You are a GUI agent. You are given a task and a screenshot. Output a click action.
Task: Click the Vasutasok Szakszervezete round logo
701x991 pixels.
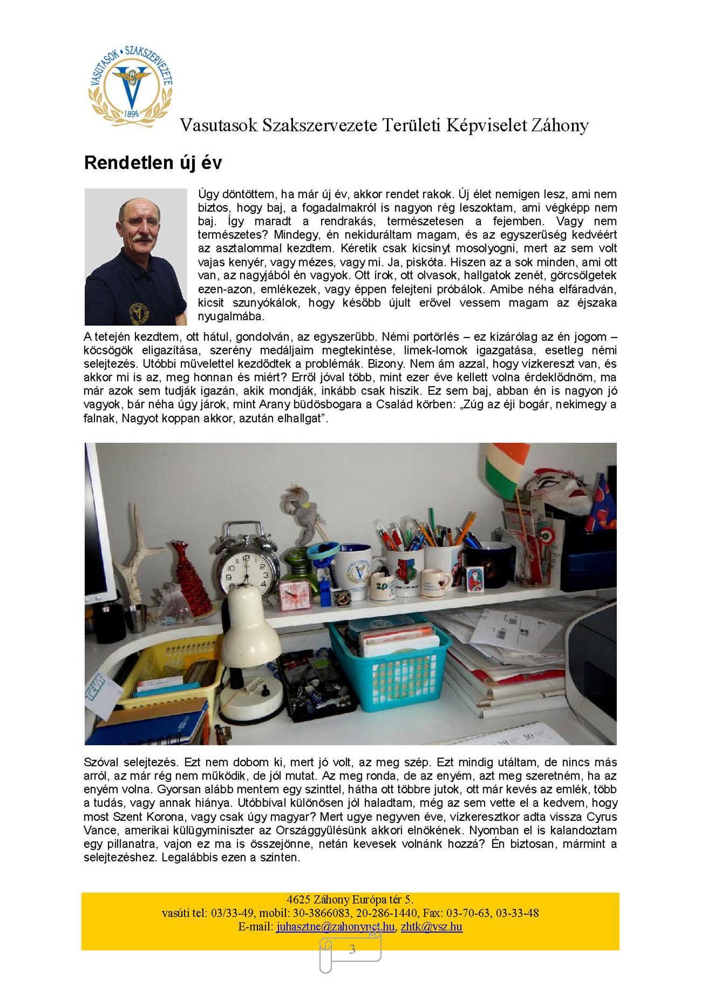[130, 86]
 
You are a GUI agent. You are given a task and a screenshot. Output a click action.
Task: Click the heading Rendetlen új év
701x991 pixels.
[153, 163]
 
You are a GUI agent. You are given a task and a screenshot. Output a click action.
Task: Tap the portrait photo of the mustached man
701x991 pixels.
[136, 257]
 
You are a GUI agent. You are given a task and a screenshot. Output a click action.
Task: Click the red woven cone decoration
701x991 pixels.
[187, 575]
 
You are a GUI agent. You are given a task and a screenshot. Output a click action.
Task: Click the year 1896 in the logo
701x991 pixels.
[132, 113]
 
